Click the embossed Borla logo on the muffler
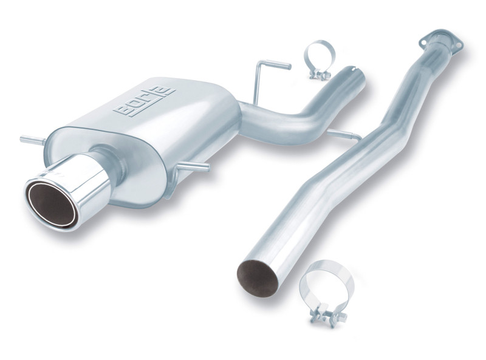pos(143,101)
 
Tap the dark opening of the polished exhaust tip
pos(51,204)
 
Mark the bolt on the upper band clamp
pos(319,74)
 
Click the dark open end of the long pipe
pos(257,277)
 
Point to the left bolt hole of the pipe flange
pos(424,41)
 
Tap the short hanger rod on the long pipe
pos(343,134)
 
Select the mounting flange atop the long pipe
pos(441,40)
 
